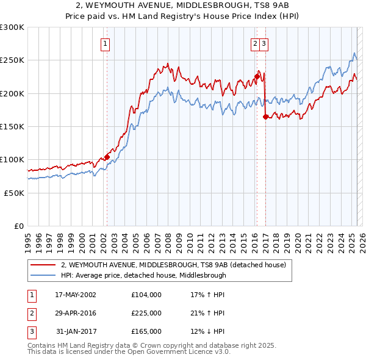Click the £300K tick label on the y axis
pyautogui.click(x=12, y=27)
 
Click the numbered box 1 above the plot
pyautogui.click(x=106, y=43)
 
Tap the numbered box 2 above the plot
pyautogui.click(x=254, y=43)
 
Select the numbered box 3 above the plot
pyautogui.click(x=263, y=43)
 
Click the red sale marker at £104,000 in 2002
pyautogui.click(x=107, y=157)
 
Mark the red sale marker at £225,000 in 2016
pyautogui.click(x=257, y=77)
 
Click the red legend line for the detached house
pyautogui.click(x=43, y=265)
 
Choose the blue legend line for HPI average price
pyautogui.click(x=43, y=275)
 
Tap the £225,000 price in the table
pyautogui.click(x=146, y=313)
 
